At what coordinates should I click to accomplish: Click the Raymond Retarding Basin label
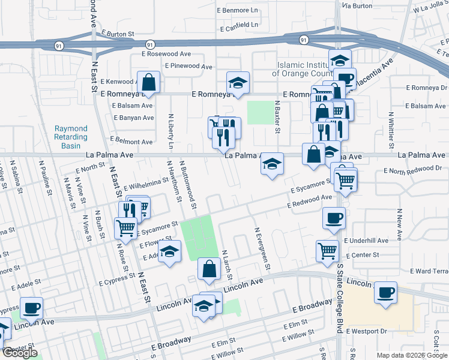click(x=71, y=137)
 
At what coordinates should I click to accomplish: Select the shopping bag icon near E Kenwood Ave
click(x=148, y=83)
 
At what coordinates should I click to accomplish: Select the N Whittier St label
click(x=391, y=130)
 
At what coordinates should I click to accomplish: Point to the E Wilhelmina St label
click(x=146, y=182)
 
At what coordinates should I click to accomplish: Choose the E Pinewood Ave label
click(x=185, y=66)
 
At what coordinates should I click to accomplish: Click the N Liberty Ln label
click(x=170, y=131)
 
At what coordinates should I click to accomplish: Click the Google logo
click(x=19, y=353)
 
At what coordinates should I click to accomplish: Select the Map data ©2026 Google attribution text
click(x=411, y=355)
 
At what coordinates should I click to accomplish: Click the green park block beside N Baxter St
click(x=259, y=112)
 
